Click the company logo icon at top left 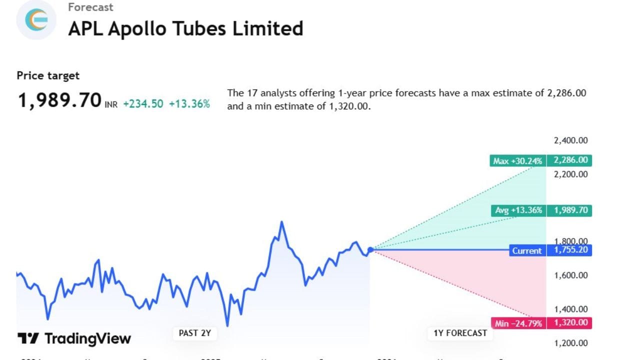[x=36, y=19]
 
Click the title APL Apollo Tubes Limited [x=185, y=28]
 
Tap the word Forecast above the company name [x=90, y=7]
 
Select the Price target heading [x=48, y=75]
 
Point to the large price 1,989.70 [x=59, y=100]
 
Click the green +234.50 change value [x=143, y=104]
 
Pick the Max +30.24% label [x=517, y=161]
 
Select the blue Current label [x=526, y=250]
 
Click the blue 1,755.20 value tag [x=570, y=250]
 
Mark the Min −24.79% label [x=518, y=323]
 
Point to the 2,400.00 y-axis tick [x=570, y=140]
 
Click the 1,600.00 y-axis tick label [x=570, y=275]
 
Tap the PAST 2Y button [x=195, y=333]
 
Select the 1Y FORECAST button [x=459, y=333]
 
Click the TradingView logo [x=74, y=338]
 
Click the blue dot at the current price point [x=370, y=250]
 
